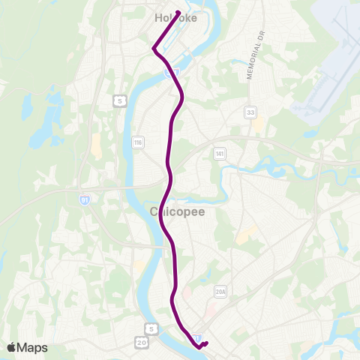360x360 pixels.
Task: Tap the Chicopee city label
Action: coord(178,212)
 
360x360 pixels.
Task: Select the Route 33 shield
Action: coord(250,112)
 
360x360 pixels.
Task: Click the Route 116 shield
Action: coord(137,142)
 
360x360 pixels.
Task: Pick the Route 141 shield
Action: coord(219,153)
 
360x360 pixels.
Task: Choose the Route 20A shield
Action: coord(220,292)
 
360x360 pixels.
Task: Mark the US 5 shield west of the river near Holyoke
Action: coord(118,100)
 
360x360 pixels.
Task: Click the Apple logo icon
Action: coord(11,346)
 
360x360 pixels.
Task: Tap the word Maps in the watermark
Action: coord(32,347)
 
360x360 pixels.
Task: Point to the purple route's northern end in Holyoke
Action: coord(178,11)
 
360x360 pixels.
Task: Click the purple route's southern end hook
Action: coord(205,343)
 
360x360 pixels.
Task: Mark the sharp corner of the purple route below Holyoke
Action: coord(154,49)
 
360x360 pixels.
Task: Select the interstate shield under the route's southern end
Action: coord(196,338)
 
